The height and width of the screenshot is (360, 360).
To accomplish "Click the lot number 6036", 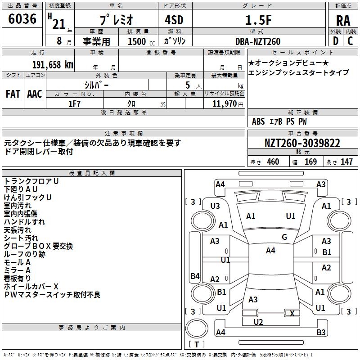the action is [x=22, y=19].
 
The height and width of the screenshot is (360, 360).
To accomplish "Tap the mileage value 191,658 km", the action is [x=53, y=64].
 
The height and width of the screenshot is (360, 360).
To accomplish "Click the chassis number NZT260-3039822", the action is [x=302, y=144].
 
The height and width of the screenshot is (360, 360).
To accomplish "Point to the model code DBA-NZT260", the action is [x=257, y=41].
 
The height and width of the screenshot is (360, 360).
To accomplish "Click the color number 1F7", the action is [x=74, y=103].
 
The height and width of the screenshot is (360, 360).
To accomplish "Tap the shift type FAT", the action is [x=13, y=94].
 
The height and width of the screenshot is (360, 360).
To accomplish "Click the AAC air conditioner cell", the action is [x=35, y=94].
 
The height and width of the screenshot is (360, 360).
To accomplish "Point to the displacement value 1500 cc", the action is [x=137, y=41].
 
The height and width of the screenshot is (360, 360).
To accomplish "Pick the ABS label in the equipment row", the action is [x=258, y=121].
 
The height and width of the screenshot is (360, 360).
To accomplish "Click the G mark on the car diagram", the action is [x=284, y=237].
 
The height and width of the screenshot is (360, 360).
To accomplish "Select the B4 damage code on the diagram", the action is [x=195, y=276].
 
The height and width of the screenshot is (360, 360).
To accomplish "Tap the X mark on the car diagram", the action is [x=292, y=313].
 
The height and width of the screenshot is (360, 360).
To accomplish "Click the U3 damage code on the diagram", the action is [x=215, y=206].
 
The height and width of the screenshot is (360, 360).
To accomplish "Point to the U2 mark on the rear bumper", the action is [x=258, y=322].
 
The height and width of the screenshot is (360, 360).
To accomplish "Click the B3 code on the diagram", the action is [x=321, y=333].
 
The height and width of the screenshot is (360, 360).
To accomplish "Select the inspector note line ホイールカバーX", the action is [x=31, y=287].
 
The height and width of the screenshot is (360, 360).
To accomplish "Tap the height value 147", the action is [x=346, y=162].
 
